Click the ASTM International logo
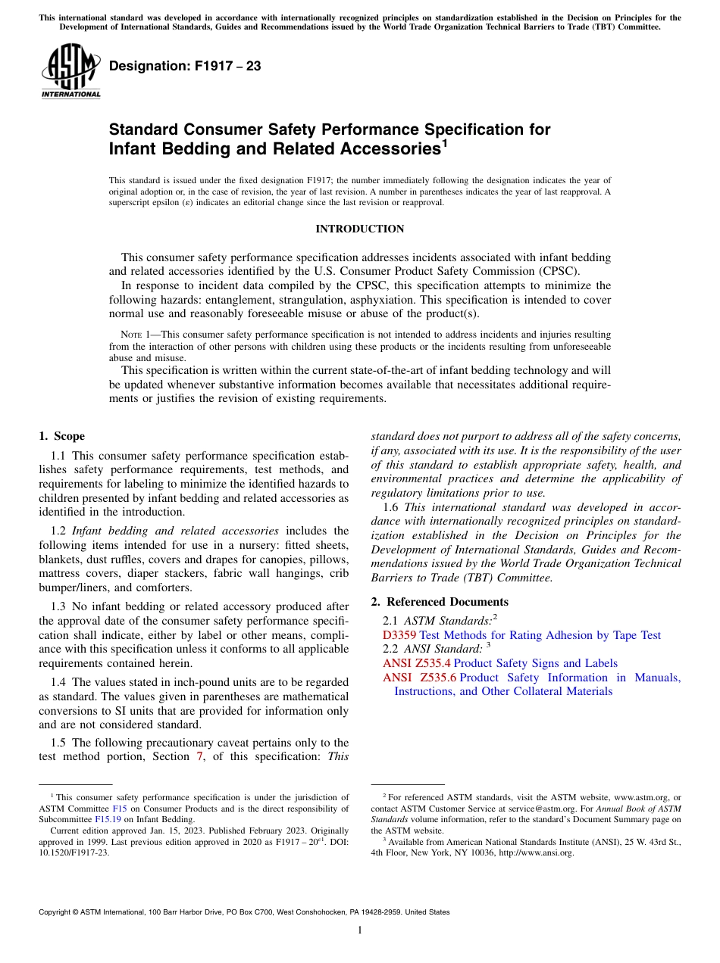[x=70, y=71]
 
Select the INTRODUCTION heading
[x=359, y=229]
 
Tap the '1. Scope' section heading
[x=62, y=436]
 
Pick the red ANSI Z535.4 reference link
[x=417, y=662]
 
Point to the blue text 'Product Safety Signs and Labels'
[x=535, y=662]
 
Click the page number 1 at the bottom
[x=360, y=930]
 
